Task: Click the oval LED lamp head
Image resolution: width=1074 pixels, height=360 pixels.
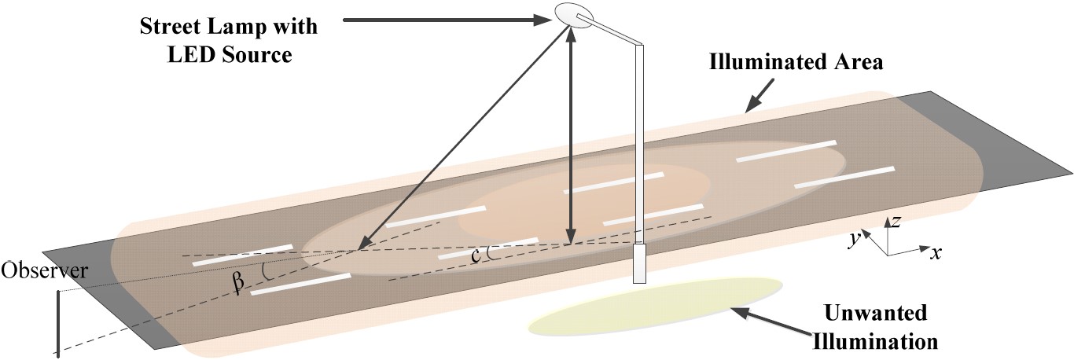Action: pos(574,14)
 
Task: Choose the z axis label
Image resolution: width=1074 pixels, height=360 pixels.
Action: pos(894,221)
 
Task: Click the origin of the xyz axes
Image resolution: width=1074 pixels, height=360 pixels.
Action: pos(888,255)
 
